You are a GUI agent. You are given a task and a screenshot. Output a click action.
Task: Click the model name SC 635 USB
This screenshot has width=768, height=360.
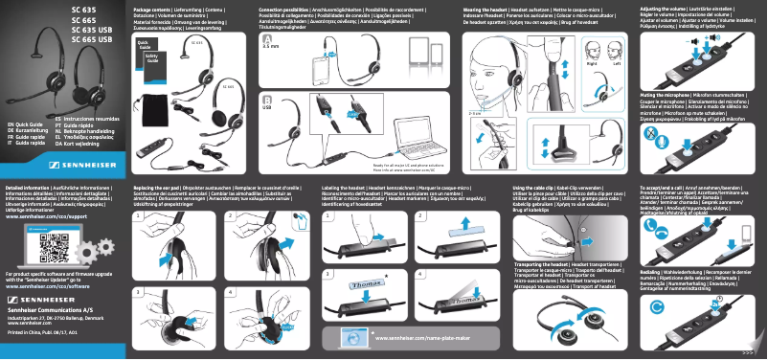point(91,29)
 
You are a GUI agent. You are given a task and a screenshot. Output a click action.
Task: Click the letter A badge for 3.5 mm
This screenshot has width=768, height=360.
point(265,37)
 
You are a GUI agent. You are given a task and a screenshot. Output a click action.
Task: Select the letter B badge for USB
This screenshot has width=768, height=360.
point(265,100)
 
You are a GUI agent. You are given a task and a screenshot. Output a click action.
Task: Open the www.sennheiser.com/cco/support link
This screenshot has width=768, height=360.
point(48,217)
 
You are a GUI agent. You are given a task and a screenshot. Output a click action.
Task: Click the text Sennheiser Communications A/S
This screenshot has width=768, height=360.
point(50,312)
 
